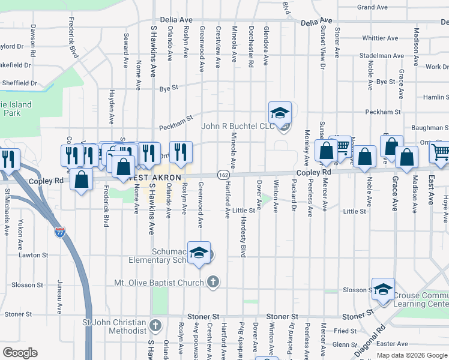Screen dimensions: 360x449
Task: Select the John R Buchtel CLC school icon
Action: click(x=280, y=112)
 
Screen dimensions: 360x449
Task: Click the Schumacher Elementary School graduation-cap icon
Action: click(x=199, y=252)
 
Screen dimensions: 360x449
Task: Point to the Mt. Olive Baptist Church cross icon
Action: click(x=212, y=281)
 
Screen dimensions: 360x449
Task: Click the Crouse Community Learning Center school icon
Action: click(x=383, y=289)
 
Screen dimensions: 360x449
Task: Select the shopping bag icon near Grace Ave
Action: click(x=406, y=157)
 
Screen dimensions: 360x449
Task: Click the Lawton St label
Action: click(x=35, y=255)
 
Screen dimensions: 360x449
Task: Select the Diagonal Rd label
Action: click(x=369, y=342)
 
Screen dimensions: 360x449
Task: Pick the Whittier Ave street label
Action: click(x=381, y=38)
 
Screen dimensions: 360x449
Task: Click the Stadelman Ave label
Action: click(x=381, y=56)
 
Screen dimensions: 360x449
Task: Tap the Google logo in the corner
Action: click(x=19, y=353)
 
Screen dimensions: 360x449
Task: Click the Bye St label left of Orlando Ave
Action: click(x=169, y=88)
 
